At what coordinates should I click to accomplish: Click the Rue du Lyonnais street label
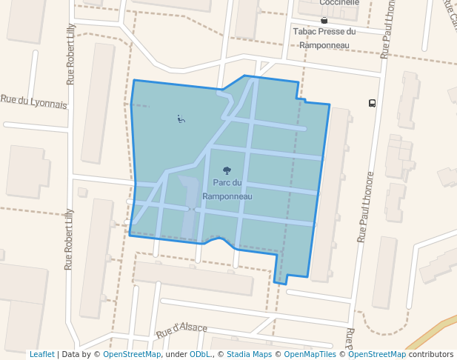tap(33, 101)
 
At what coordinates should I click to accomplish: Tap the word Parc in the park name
tap(220, 183)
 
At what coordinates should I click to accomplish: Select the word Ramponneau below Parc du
tap(227, 196)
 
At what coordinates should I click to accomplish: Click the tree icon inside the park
tap(227, 170)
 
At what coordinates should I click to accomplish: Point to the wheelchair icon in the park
tap(181, 119)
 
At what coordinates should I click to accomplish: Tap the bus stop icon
tap(372, 104)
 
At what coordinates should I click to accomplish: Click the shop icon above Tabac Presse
tap(324, 20)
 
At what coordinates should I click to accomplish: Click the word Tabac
tap(305, 32)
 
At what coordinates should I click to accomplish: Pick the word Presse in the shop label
tap(330, 32)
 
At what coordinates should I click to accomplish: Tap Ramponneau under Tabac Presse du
tap(324, 44)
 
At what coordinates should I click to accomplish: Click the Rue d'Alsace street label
tap(181, 330)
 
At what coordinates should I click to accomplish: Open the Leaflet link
tap(41, 354)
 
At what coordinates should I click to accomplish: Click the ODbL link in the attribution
tap(199, 354)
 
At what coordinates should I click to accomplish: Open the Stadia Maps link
tap(249, 354)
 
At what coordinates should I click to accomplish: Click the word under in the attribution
tap(176, 354)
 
